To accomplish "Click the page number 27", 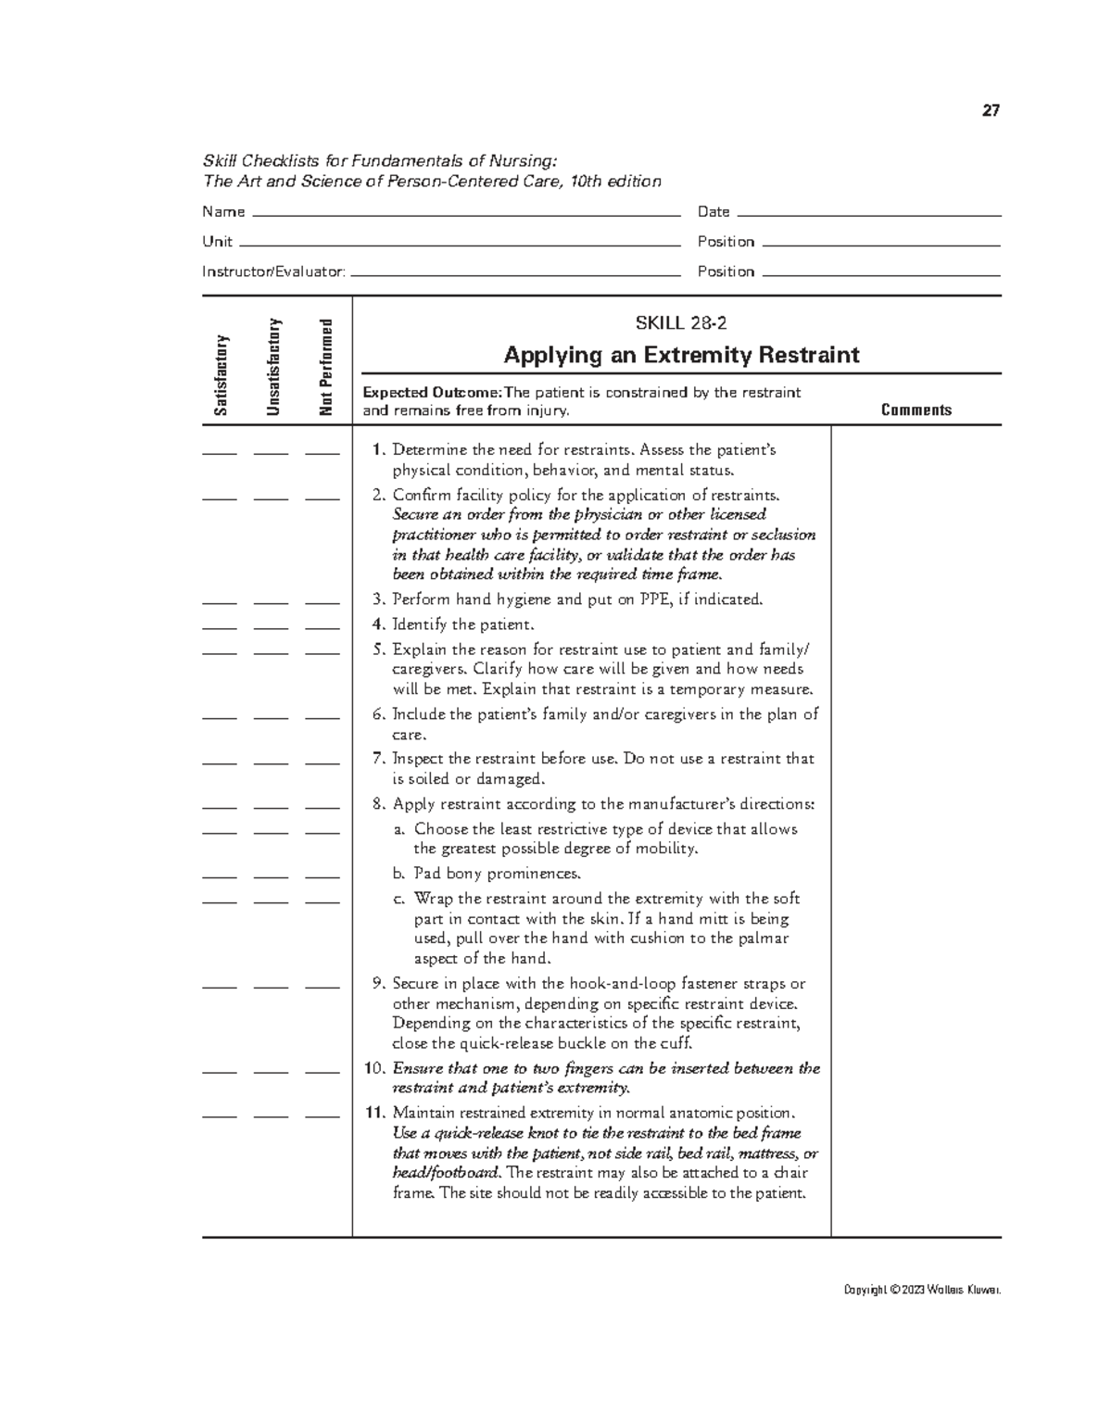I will coord(991,111).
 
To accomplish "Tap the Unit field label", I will coord(217,242).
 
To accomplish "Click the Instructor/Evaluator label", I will coord(273,271).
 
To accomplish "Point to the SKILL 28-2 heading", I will coord(681,323).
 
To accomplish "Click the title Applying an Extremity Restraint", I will coord(681,355).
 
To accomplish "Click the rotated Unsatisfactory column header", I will coord(273,367).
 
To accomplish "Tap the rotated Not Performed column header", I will coord(324,368).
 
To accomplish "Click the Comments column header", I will coord(916,409).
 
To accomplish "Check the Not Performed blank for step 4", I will coord(322,628).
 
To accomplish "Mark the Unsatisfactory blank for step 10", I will coord(271,1072).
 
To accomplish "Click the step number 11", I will coord(374,1113).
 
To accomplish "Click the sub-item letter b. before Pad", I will coord(399,874).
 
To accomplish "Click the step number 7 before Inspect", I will coord(377,759).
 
